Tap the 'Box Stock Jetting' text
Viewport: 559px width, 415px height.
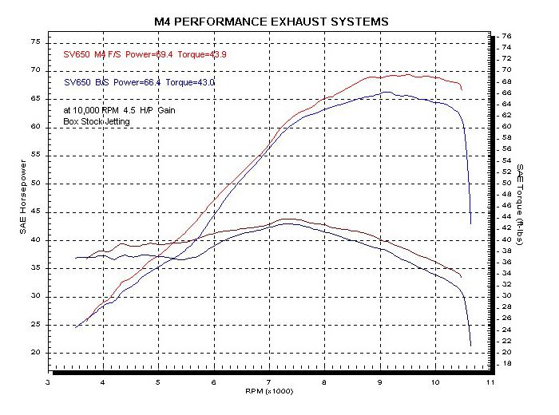97,122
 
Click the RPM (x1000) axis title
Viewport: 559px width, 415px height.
270,392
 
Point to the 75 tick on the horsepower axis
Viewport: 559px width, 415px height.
35,41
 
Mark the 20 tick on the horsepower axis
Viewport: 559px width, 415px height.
35,353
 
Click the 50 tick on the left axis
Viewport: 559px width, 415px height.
35,184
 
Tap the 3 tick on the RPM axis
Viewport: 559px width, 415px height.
49,383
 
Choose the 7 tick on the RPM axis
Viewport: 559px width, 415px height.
269,383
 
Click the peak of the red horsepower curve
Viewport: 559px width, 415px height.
407,75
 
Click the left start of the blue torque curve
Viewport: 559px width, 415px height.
76,258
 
